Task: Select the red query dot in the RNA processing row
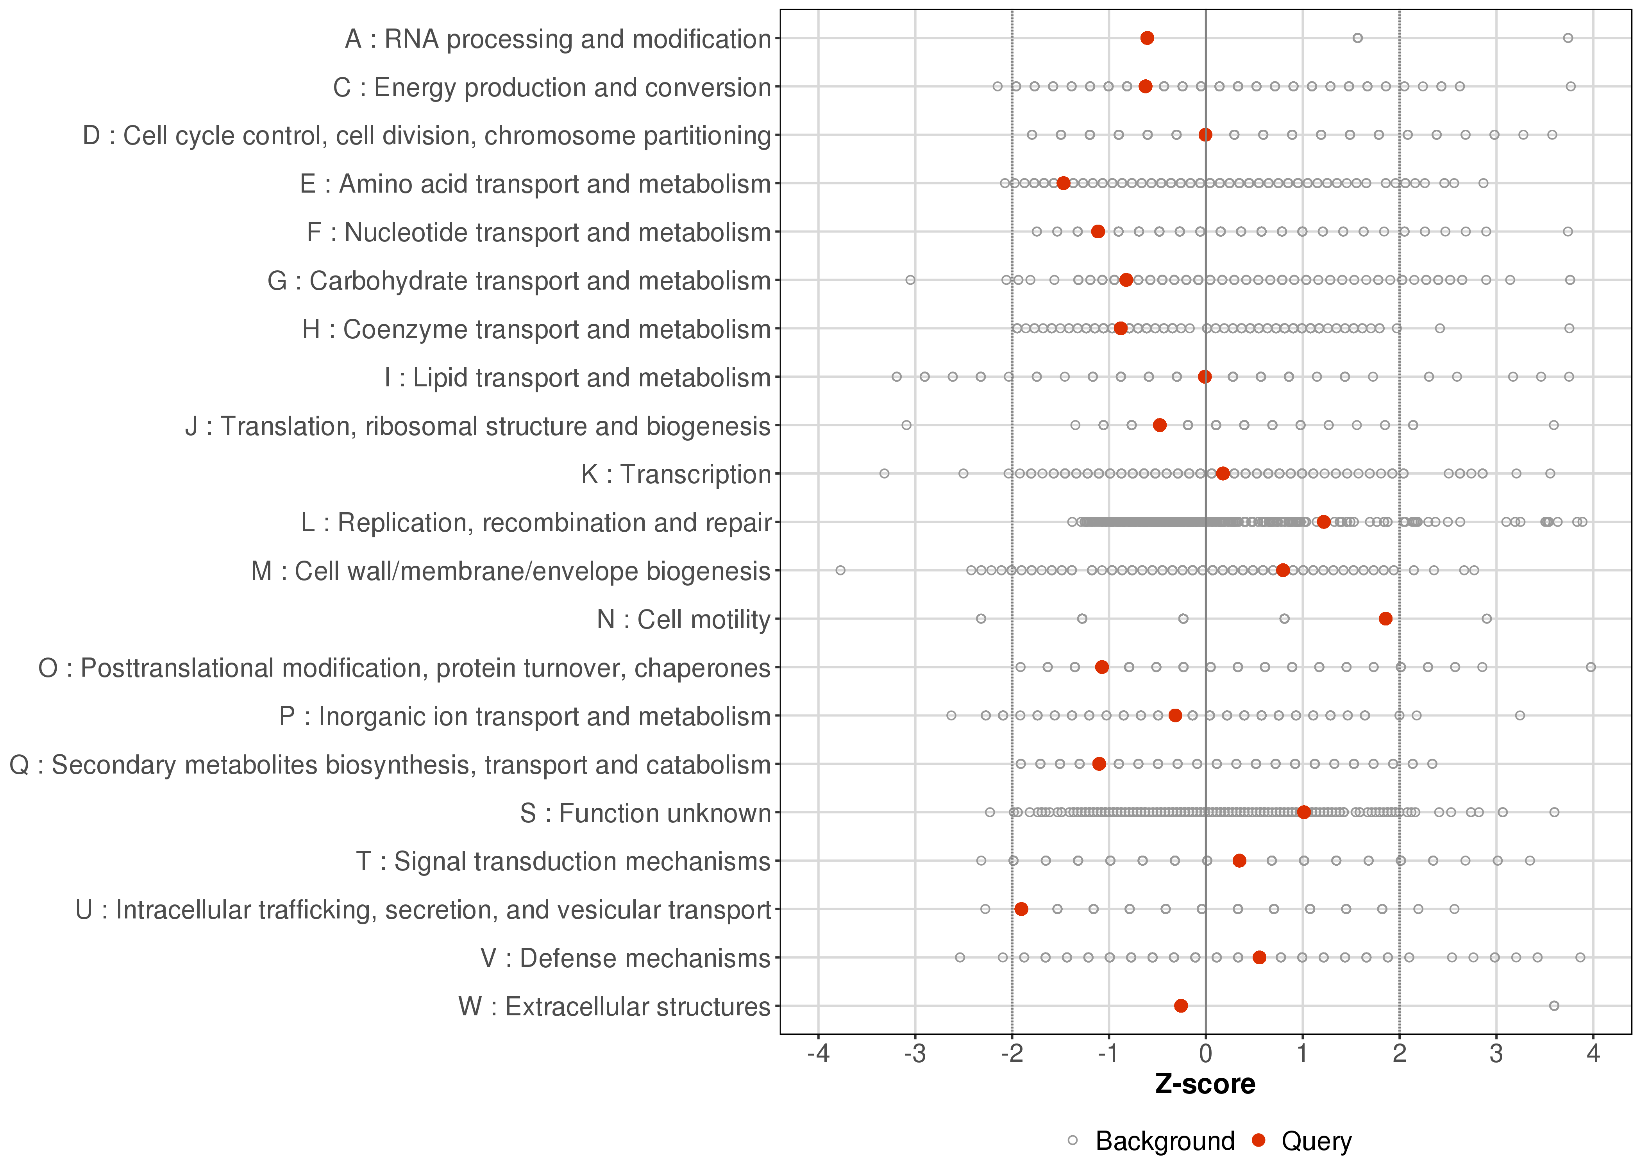pos(1147,38)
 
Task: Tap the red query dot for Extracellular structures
pos(1181,1005)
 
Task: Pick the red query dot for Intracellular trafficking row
pos(1021,909)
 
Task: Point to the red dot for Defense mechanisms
pos(1259,957)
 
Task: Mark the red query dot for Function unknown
pos(1303,812)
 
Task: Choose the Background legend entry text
pos(1165,1141)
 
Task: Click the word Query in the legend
pos(1316,1141)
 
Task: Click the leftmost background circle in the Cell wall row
pos(840,570)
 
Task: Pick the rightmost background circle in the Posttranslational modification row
pos(1591,667)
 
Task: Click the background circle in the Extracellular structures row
pos(1554,1005)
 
